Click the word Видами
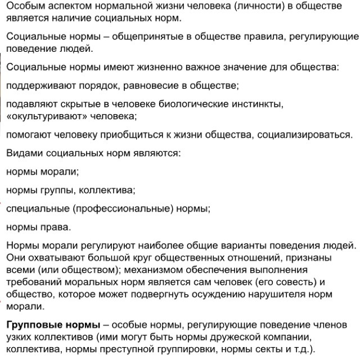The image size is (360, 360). pos(23,153)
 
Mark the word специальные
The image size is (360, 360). pos(37,208)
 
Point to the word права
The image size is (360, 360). pos(58,227)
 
